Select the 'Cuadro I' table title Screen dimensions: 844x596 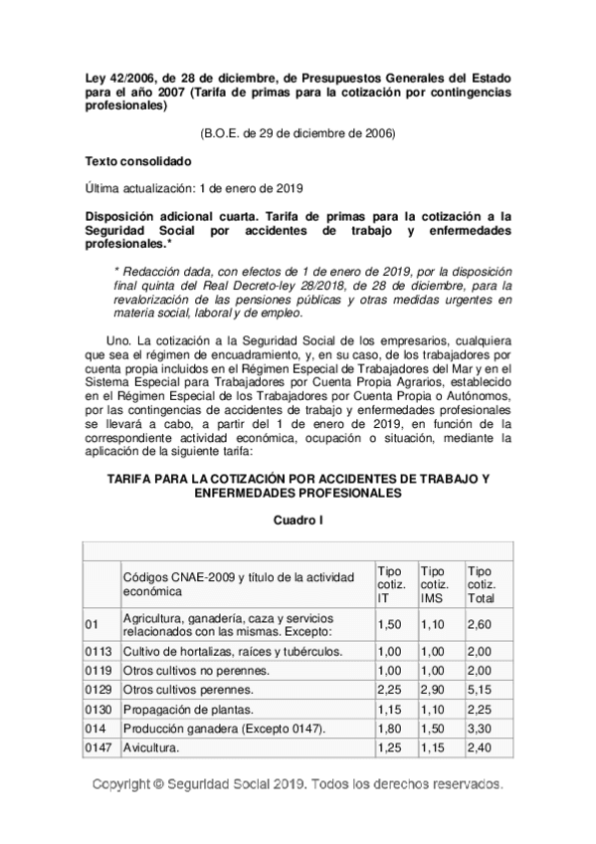tap(298, 520)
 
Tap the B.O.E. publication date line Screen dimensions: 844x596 tap(298, 132)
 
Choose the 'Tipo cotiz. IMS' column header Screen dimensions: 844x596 tap(435, 584)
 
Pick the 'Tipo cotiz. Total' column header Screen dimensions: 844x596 tap(481, 584)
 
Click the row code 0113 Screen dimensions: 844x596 tap(99, 652)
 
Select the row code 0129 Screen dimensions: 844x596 tap(99, 690)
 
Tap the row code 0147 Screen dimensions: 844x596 tap(99, 746)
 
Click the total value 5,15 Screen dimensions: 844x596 tap(481, 690)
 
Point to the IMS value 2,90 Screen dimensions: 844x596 tap(433, 690)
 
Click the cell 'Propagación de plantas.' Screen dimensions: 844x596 tap(190, 709)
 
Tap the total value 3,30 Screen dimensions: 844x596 tap(481, 728)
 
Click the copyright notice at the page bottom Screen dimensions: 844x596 tap(298, 784)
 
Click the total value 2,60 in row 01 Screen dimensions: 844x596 tap(481, 624)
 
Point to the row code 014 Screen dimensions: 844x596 tap(97, 728)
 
